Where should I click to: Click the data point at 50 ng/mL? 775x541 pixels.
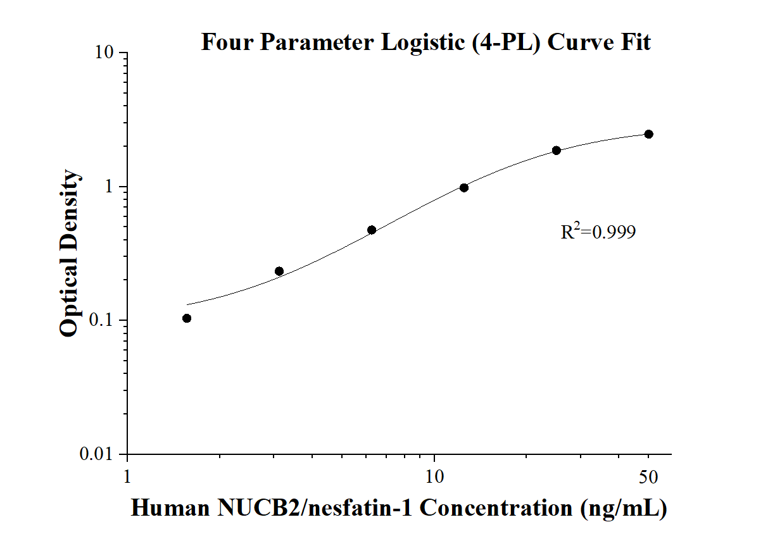[648, 134]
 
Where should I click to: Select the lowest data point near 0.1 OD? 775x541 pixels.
[187, 318]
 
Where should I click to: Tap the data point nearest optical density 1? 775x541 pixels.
[464, 187]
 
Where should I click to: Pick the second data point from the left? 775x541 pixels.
[279, 271]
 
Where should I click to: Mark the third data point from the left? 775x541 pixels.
[372, 230]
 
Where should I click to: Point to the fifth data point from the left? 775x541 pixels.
[557, 151]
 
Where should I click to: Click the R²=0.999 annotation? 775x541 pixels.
[598, 232]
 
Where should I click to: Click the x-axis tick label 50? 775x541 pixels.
[648, 476]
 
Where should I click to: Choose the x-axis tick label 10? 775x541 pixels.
[434, 476]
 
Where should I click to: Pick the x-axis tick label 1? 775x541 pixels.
[127, 476]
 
